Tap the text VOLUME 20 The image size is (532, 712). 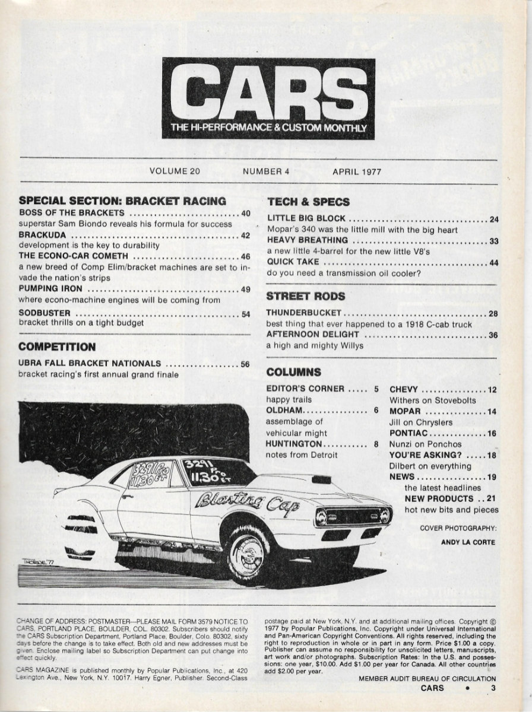tap(175, 171)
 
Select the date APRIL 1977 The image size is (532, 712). tap(356, 171)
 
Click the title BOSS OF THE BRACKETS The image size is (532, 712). tap(71, 213)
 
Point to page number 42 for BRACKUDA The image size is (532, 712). tap(245, 235)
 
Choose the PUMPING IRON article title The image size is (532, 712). tap(50, 289)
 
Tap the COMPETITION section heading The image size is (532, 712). tap(57, 346)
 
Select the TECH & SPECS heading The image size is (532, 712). tap(308, 201)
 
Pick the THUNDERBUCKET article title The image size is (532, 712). tap(303, 313)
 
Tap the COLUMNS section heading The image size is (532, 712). tap(294, 373)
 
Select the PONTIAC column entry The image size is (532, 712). tap(410, 433)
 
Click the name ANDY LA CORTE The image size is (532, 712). tap(468, 541)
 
